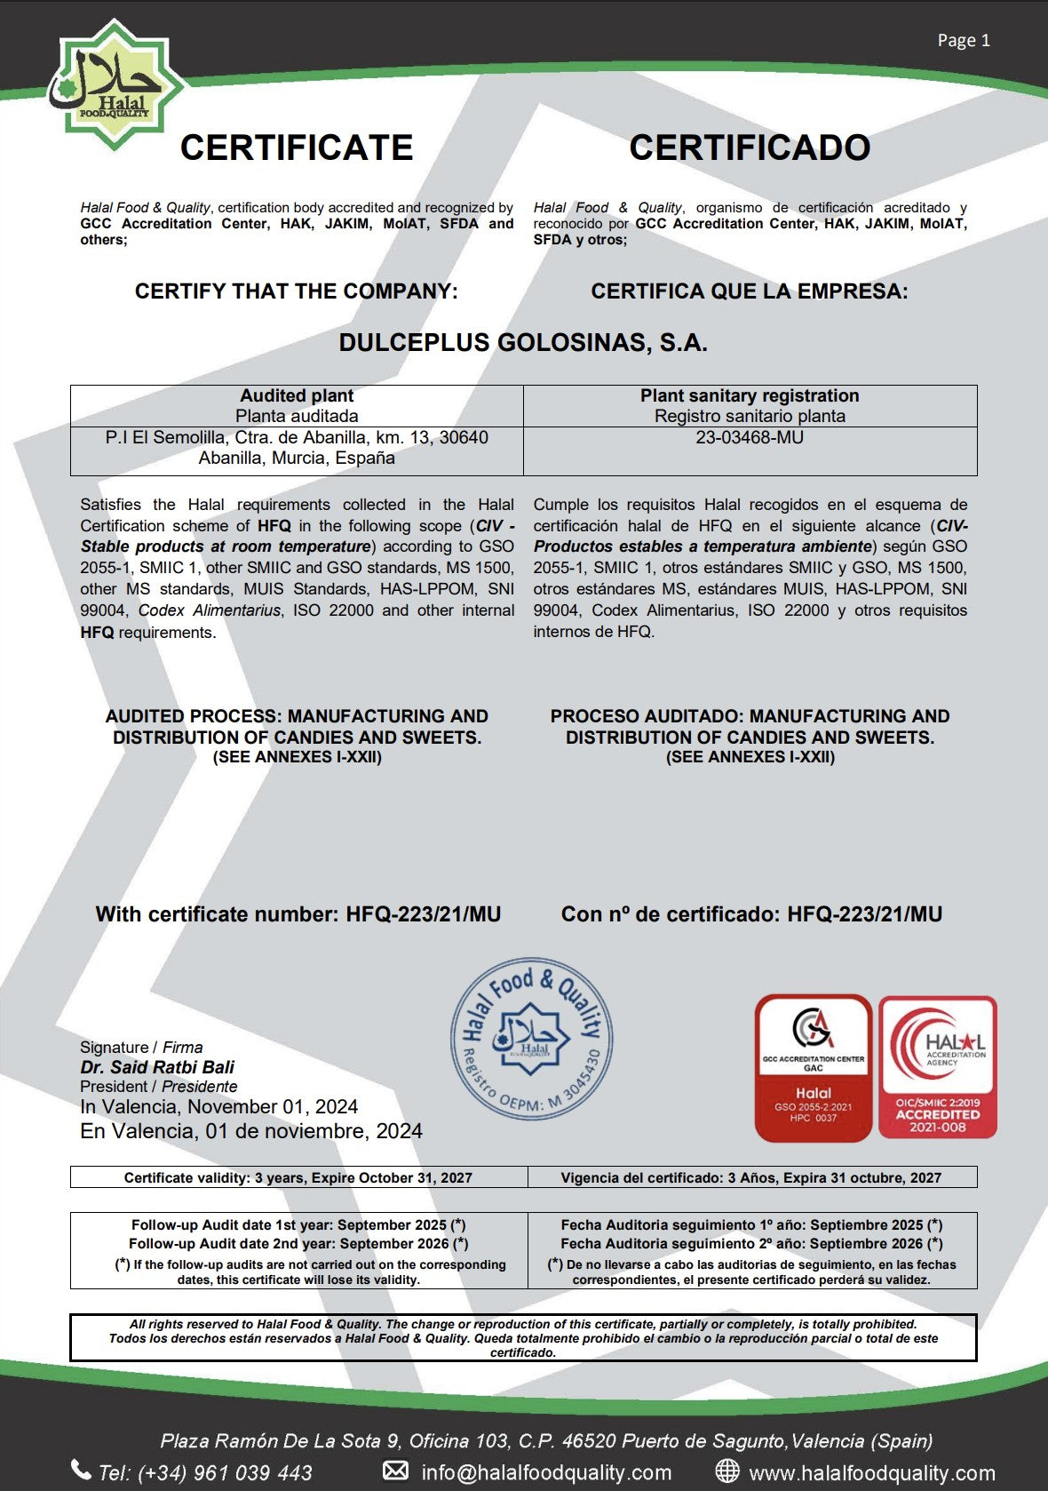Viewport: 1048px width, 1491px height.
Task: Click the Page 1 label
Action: (964, 40)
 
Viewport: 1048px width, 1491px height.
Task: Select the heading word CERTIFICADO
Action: (750, 148)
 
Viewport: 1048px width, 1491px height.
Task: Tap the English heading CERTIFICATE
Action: (297, 148)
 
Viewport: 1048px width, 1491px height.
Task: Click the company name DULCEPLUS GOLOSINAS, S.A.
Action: (523, 343)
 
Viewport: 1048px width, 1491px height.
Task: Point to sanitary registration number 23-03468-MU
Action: (750, 437)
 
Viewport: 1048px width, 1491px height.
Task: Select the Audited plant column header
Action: (297, 396)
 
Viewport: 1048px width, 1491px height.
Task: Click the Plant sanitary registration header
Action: (750, 396)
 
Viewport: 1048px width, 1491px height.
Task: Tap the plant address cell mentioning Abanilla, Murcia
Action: (297, 448)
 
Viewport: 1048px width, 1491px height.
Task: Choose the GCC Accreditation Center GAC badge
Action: (813, 1067)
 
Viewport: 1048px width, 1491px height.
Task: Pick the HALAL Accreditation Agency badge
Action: (938, 1067)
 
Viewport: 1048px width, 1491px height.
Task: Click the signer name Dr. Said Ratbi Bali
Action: (157, 1067)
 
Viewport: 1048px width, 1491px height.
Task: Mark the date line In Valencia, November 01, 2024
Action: (218, 1107)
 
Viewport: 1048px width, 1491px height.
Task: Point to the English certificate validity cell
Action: (298, 1177)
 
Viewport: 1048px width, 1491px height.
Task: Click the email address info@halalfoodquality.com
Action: (546, 1472)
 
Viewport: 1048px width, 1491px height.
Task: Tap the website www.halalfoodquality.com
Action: (871, 1472)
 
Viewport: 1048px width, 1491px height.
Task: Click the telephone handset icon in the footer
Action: (81, 1470)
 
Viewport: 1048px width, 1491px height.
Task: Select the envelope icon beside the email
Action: (395, 1471)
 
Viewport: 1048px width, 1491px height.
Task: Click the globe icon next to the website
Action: (727, 1471)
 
